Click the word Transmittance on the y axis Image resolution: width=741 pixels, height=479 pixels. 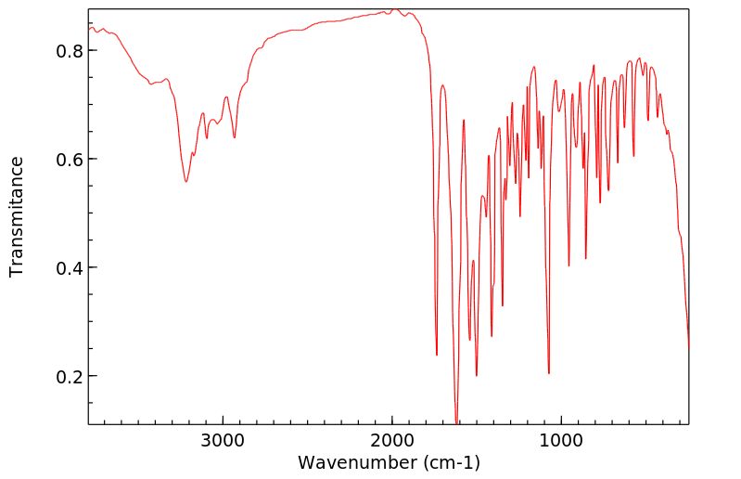click(17, 216)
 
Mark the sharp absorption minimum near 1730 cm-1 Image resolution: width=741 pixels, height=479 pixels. click(437, 355)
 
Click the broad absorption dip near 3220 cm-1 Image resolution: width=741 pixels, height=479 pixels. click(186, 181)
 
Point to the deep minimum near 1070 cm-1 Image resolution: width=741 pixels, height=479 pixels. click(549, 373)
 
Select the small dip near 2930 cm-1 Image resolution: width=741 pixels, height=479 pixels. click(235, 137)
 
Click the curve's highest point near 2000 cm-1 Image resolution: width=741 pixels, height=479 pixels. click(392, 9)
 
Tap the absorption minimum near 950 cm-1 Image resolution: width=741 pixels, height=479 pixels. click(569, 265)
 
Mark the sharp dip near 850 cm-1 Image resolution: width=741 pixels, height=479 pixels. click(586, 258)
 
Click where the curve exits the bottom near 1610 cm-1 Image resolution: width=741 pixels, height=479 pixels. click(455, 422)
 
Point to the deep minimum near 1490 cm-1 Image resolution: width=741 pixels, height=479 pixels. click(477, 375)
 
